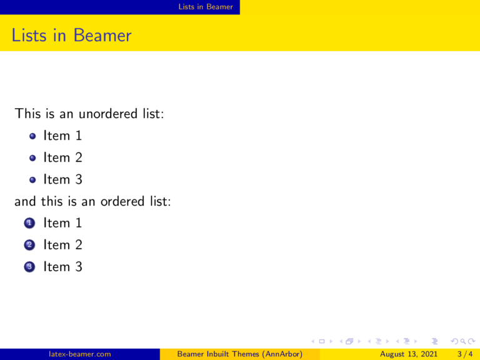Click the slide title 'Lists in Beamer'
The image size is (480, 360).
(x=71, y=36)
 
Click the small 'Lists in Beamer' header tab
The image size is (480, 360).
(x=205, y=7)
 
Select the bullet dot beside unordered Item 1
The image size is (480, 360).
(x=32, y=136)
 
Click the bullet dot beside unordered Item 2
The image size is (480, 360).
(x=32, y=157)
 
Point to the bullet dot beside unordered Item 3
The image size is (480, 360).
(x=32, y=179)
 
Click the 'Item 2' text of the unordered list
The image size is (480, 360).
(x=62, y=157)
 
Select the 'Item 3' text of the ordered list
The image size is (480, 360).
(x=62, y=267)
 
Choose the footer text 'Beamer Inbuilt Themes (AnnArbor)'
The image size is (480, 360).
(x=240, y=354)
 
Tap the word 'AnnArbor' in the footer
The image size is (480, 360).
(x=282, y=354)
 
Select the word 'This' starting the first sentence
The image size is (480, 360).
(x=28, y=114)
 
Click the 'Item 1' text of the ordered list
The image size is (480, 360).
(x=62, y=223)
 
